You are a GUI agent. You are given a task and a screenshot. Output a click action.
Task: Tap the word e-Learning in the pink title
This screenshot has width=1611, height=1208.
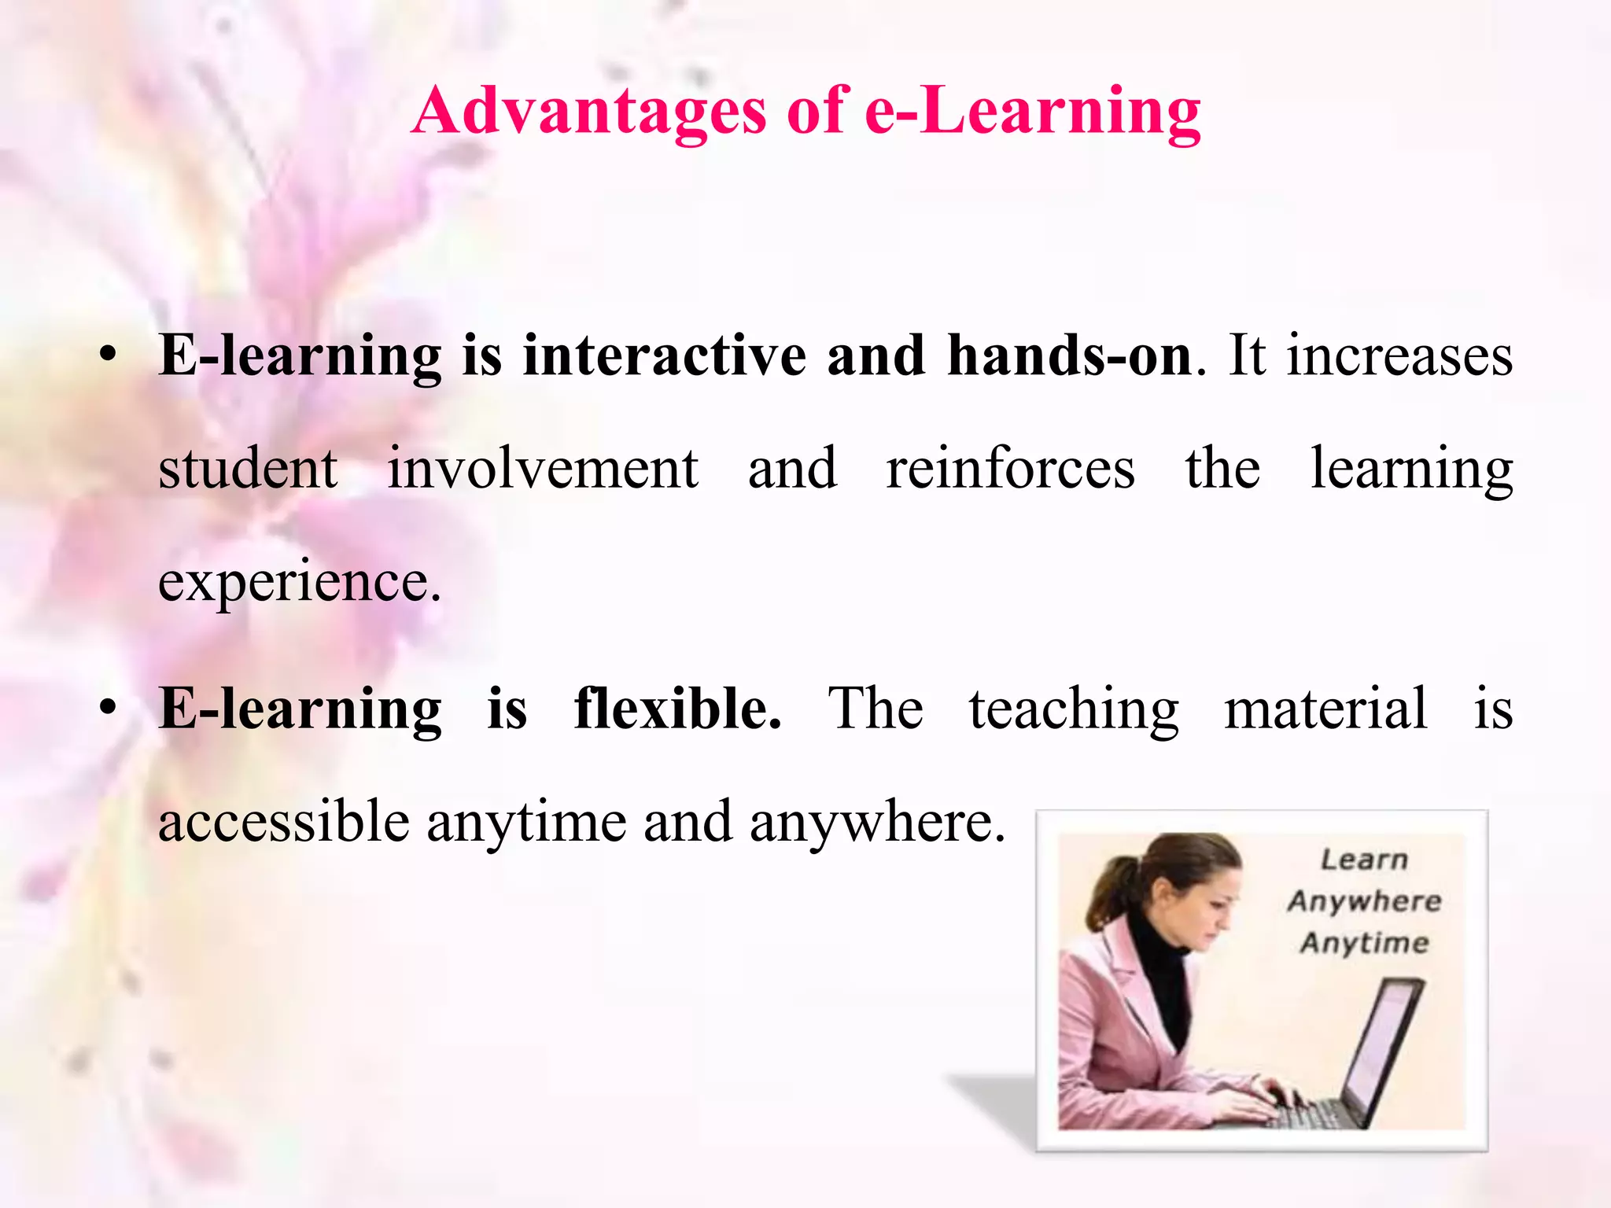[1032, 112]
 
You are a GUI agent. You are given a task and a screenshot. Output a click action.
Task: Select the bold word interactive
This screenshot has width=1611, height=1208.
[665, 355]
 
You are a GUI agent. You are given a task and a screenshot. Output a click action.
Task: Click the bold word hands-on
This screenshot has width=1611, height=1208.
[1070, 355]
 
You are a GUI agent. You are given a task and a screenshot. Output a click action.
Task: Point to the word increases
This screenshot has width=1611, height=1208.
[1399, 355]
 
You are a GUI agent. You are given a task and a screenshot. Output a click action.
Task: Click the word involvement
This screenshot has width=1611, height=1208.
[543, 469]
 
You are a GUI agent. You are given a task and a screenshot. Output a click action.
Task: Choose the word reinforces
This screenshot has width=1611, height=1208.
[1011, 469]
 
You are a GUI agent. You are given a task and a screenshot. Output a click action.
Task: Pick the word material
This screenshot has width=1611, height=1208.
[1325, 708]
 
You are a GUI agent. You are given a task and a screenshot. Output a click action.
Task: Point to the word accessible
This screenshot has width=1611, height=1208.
[284, 822]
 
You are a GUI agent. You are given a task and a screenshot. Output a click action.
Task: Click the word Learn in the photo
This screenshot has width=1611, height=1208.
[1364, 860]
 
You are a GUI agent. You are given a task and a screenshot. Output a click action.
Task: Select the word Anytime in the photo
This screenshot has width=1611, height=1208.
[1364, 942]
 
